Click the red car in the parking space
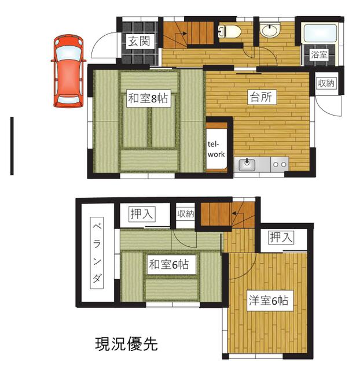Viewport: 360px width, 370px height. pos(68,71)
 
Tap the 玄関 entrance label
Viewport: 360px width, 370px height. pos(139,42)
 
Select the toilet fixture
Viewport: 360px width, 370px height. pos(229,31)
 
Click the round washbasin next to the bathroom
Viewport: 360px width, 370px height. pos(270,30)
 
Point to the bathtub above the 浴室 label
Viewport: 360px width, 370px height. pos(320,34)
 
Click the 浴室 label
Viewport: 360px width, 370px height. pos(319,55)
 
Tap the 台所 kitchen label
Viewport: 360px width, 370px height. pos(261,97)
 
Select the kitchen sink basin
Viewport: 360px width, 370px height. pos(247,164)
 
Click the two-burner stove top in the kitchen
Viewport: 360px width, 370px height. pos(280,164)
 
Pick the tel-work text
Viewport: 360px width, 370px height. pos(216,149)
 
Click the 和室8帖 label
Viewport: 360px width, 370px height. pos(148,98)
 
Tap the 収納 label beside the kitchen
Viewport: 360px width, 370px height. pos(326,83)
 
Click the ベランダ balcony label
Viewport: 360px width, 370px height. pos(97,253)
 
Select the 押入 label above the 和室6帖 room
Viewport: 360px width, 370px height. pos(142,214)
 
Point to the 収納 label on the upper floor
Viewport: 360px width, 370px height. pos(186,214)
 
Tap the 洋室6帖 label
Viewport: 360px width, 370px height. pos(269,301)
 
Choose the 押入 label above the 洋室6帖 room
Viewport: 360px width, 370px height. pos(281,238)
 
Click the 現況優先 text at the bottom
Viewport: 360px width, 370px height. pos(126,344)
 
